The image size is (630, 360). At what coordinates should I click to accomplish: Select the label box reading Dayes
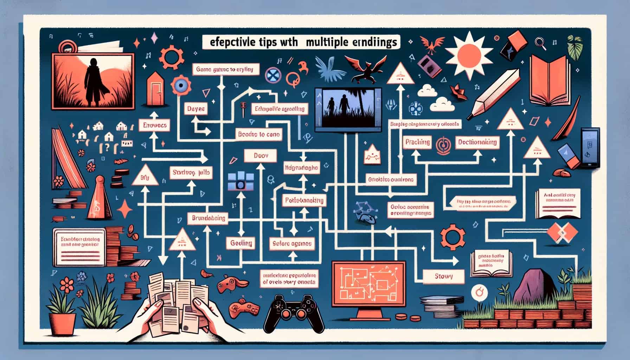tap(196, 109)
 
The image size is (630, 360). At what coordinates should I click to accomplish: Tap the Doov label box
tap(261, 155)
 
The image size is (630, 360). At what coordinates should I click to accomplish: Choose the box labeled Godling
tap(241, 243)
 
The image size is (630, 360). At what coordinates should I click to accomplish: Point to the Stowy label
tap(443, 276)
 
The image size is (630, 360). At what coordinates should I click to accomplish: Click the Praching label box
tap(417, 142)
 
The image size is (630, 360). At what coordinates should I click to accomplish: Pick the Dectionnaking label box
tap(477, 142)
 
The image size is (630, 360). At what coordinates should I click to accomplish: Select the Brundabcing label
tap(208, 218)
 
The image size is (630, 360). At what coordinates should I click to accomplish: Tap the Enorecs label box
tap(153, 125)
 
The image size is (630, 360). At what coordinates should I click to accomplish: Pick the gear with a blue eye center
tap(182, 85)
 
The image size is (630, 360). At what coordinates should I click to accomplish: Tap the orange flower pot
tap(62, 323)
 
